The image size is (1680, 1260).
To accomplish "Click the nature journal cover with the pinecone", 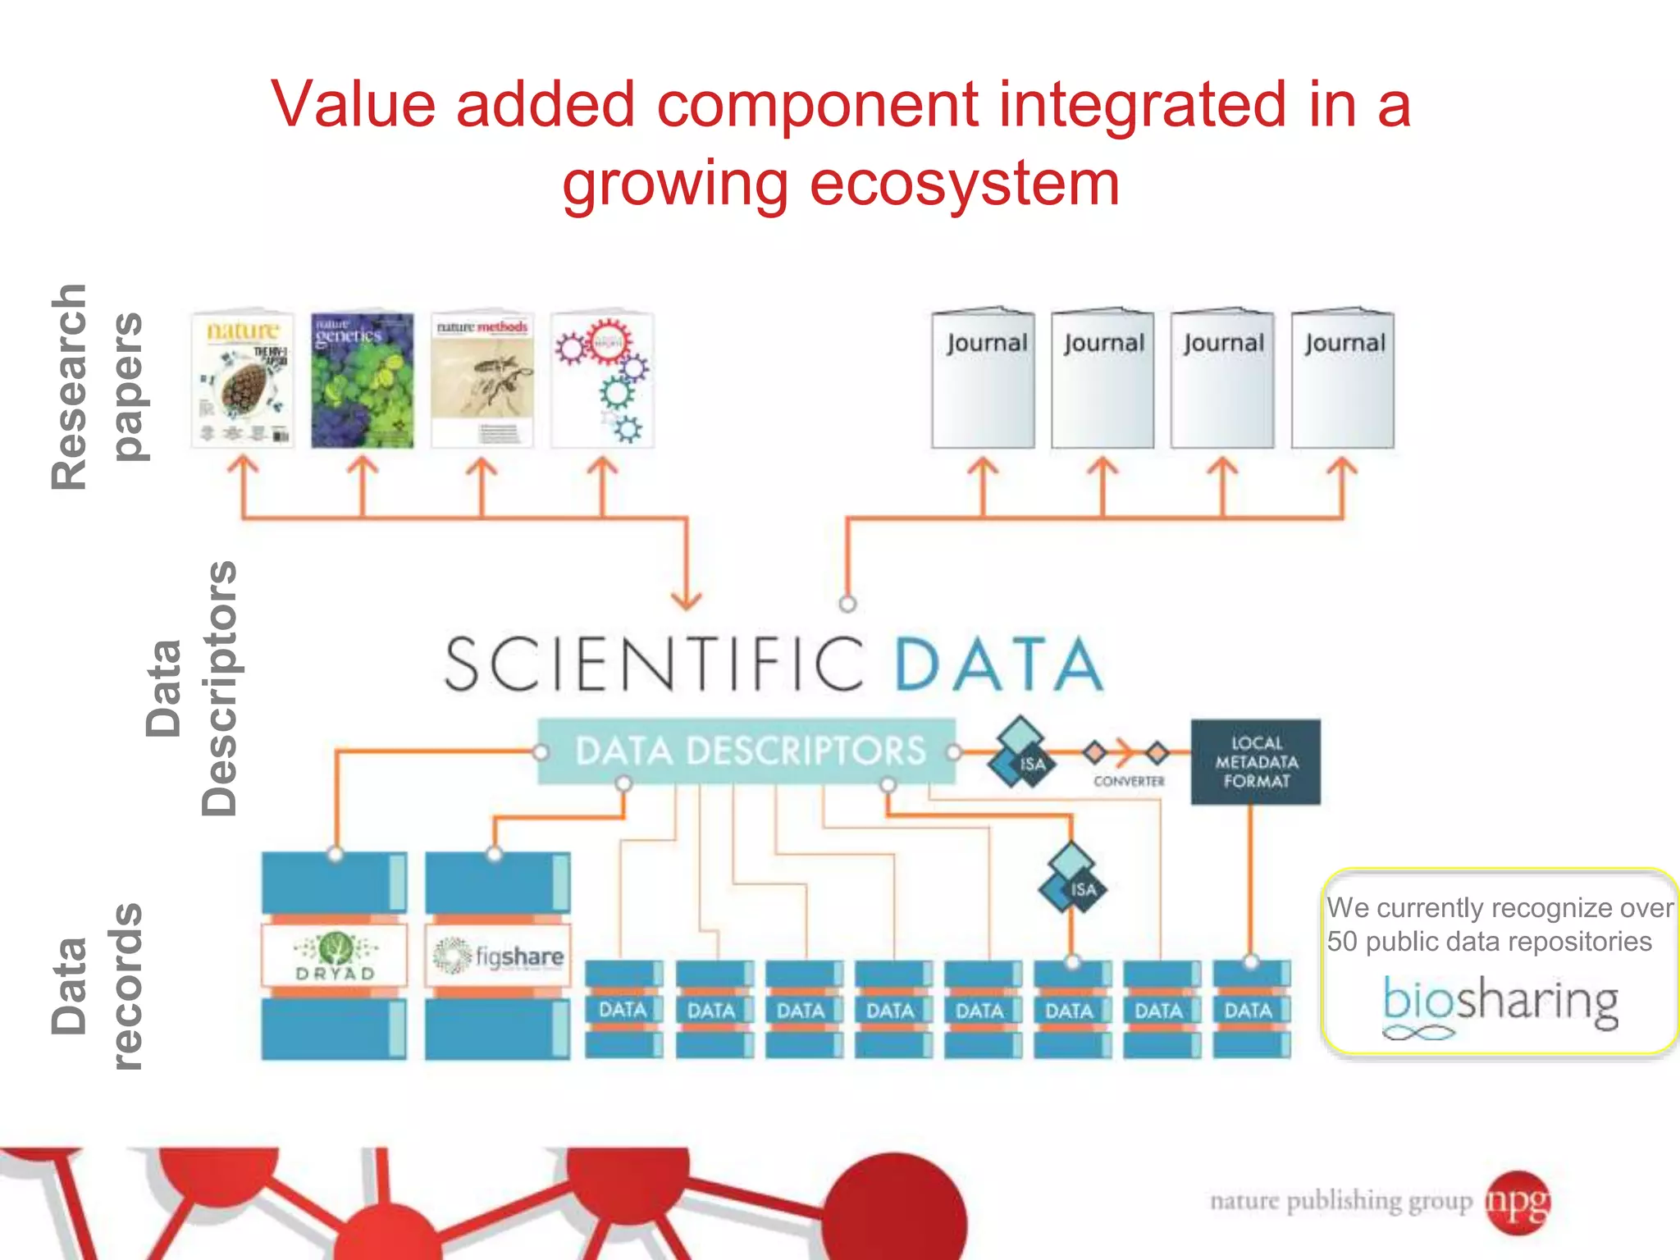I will pos(242,380).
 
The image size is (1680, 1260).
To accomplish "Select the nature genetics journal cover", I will pos(362,380).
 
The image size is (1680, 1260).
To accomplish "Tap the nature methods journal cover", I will pos(482,380).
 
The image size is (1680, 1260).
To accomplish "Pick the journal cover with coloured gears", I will pos(603,380).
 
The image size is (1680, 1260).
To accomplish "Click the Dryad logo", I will pos(335,956).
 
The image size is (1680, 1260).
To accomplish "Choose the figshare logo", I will pos(498,956).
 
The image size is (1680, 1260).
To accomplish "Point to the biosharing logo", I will pos(1500,1003).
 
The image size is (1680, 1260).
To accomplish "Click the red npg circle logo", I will pos(1518,1202).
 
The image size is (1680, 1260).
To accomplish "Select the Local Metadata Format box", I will pos(1255,762).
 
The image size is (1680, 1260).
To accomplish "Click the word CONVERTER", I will pos(1129,782).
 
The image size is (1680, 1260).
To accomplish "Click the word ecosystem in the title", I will pos(964,184).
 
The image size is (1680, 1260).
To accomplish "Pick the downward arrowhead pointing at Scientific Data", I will pos(687,600).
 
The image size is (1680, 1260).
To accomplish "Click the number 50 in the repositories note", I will pos(1342,942).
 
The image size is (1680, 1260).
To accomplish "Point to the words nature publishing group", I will pos(1341,1202).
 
